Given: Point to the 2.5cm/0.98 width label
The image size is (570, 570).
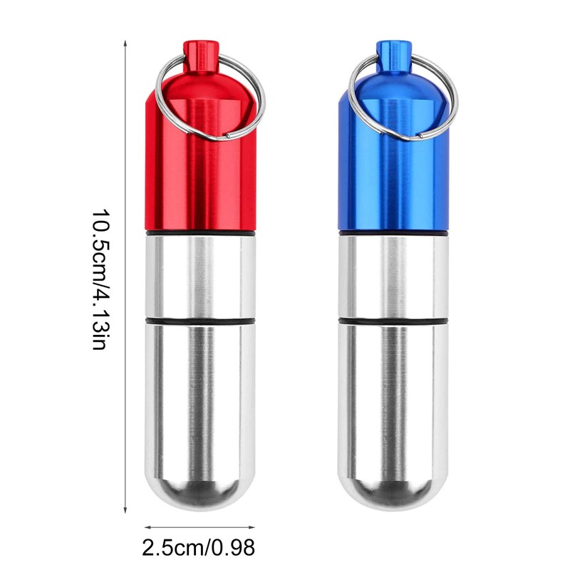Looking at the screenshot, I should pyautogui.click(x=199, y=547).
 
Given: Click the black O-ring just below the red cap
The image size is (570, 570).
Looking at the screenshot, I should pyautogui.click(x=199, y=232).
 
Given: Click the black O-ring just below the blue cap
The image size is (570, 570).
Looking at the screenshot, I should pyautogui.click(x=392, y=232).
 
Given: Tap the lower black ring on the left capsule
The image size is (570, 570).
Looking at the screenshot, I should pyautogui.click(x=199, y=322).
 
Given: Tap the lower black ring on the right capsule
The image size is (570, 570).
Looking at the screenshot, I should pyautogui.click(x=392, y=322).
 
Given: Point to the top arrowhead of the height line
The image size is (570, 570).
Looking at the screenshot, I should pyautogui.click(x=126, y=44).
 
